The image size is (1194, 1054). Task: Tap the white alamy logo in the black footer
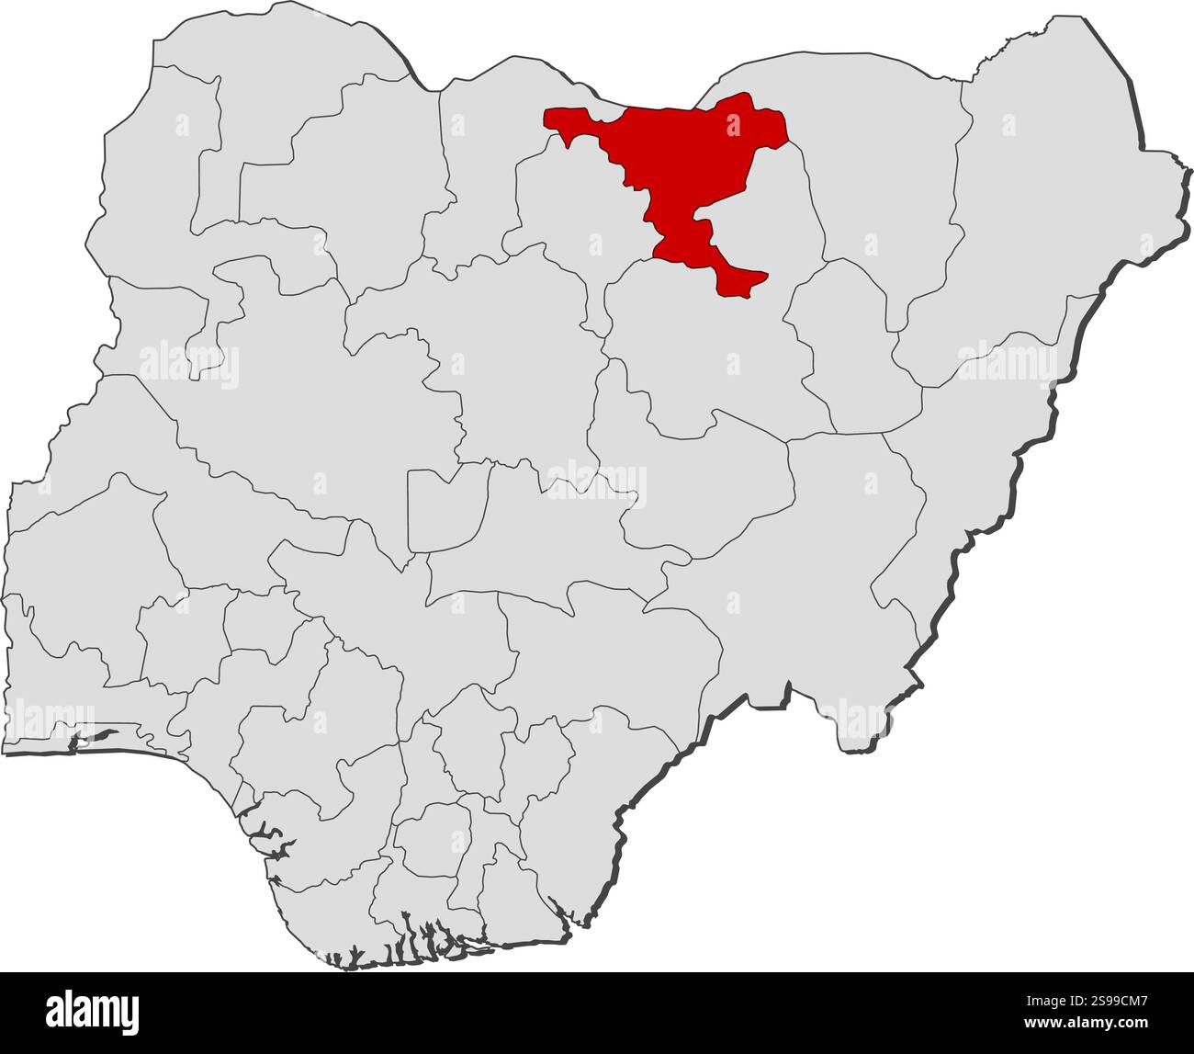click(x=93, y=1011)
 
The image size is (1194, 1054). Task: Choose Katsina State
click(x=478, y=165)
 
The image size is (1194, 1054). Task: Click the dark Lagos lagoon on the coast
click(x=96, y=736)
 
